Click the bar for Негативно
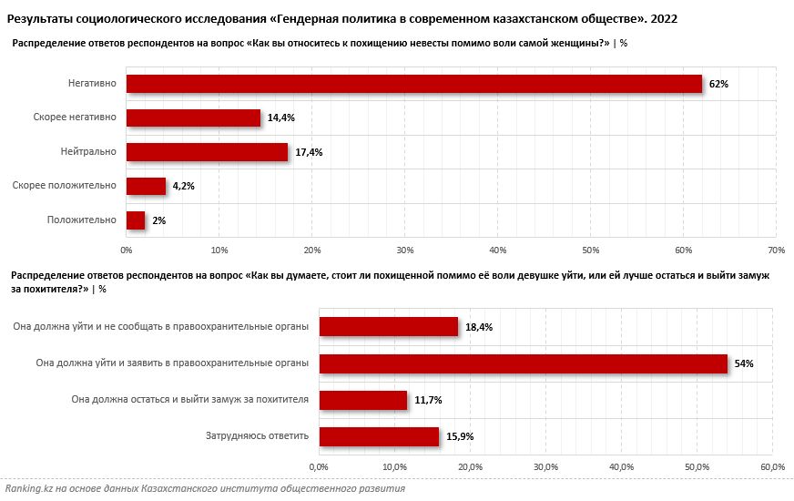tap(414, 84)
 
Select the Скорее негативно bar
tap(193, 118)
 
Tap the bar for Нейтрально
tap(207, 152)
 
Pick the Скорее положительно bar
tap(146, 186)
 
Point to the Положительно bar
tap(136, 220)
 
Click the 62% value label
tap(718, 84)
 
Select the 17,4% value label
tap(309, 152)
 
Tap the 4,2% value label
tap(183, 186)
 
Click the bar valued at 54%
tap(523, 363)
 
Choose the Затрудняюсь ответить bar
tap(379, 436)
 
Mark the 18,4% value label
tap(478, 327)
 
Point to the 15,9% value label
tap(459, 436)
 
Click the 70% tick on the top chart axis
tap(777, 250)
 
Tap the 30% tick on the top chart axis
tap(405, 250)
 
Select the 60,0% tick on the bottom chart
tap(772, 466)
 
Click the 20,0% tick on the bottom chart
tap(470, 466)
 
